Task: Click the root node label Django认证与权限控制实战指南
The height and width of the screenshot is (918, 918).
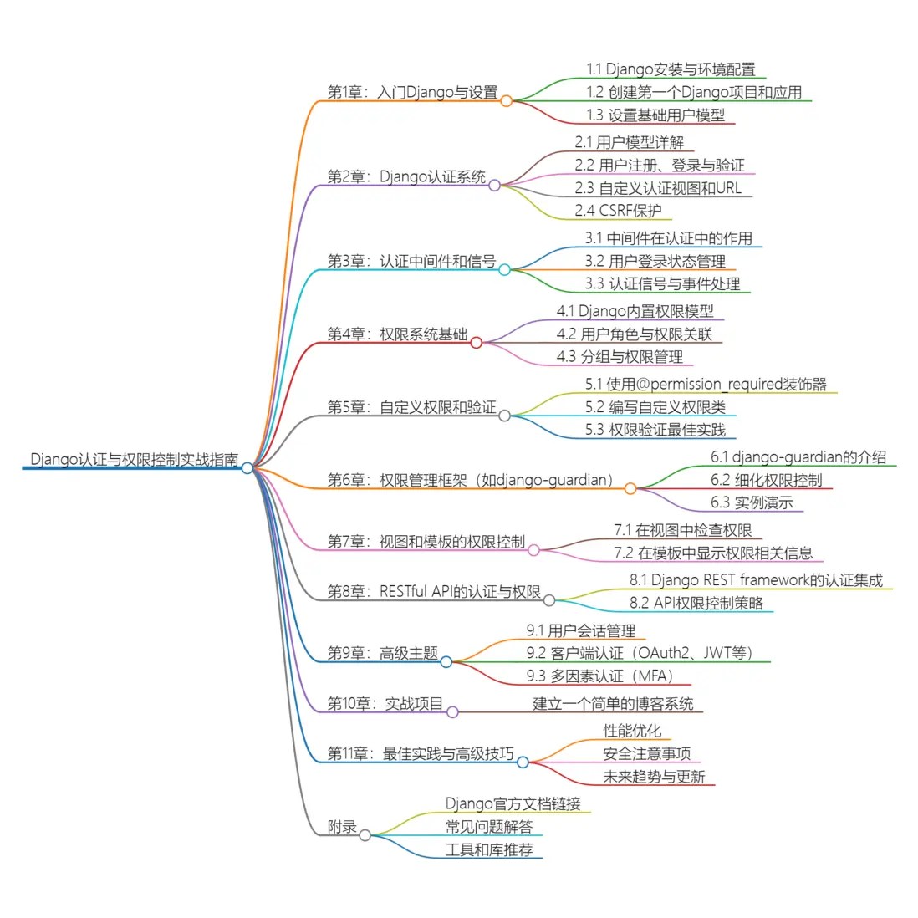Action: click(x=134, y=460)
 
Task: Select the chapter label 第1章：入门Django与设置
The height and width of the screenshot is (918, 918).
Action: click(x=412, y=93)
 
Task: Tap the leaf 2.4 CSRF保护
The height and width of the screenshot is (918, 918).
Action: click(x=618, y=211)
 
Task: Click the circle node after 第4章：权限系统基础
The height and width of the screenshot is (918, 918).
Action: click(x=477, y=342)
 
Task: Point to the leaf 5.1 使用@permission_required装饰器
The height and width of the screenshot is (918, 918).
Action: click(x=706, y=385)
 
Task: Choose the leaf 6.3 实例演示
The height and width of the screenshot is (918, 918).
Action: click(x=752, y=502)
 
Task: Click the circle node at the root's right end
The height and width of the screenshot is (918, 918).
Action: click(x=247, y=468)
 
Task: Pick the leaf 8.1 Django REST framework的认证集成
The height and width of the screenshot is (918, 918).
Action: click(x=756, y=580)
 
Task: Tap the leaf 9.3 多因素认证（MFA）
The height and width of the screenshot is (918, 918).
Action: click(x=599, y=676)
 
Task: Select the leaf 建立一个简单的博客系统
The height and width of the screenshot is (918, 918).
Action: click(x=613, y=704)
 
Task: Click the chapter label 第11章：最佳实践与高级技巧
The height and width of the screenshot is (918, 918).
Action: click(x=420, y=754)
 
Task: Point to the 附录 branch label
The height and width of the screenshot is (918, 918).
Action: click(x=342, y=827)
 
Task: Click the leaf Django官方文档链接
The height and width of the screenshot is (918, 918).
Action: click(x=513, y=804)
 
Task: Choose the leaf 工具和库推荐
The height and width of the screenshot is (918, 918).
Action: click(x=488, y=849)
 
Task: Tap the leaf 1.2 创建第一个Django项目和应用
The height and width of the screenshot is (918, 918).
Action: click(x=694, y=93)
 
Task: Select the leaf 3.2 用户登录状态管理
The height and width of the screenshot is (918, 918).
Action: click(x=655, y=262)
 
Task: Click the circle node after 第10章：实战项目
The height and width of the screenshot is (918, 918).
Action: click(x=452, y=712)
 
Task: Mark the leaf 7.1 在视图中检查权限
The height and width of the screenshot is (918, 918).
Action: click(x=682, y=530)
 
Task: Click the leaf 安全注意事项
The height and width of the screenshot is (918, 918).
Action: click(x=646, y=754)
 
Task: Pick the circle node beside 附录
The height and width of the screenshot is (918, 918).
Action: click(x=365, y=834)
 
